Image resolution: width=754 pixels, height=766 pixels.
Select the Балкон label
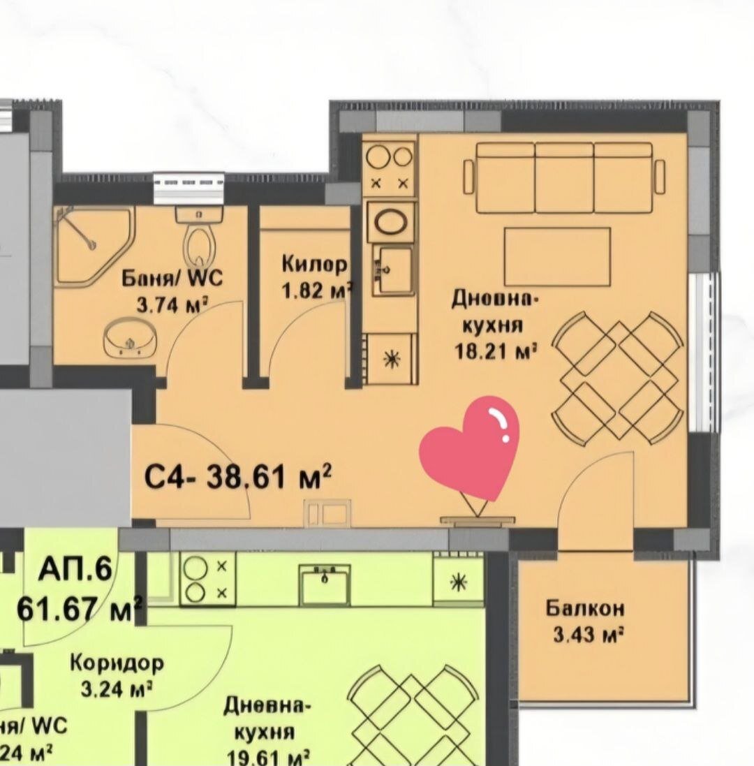click(585, 608)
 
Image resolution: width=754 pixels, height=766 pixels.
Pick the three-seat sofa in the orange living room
click(564, 177)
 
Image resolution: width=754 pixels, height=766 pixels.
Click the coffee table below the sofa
click(557, 256)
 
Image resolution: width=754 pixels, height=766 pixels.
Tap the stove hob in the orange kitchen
click(390, 168)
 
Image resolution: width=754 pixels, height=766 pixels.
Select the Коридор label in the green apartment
click(117, 662)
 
